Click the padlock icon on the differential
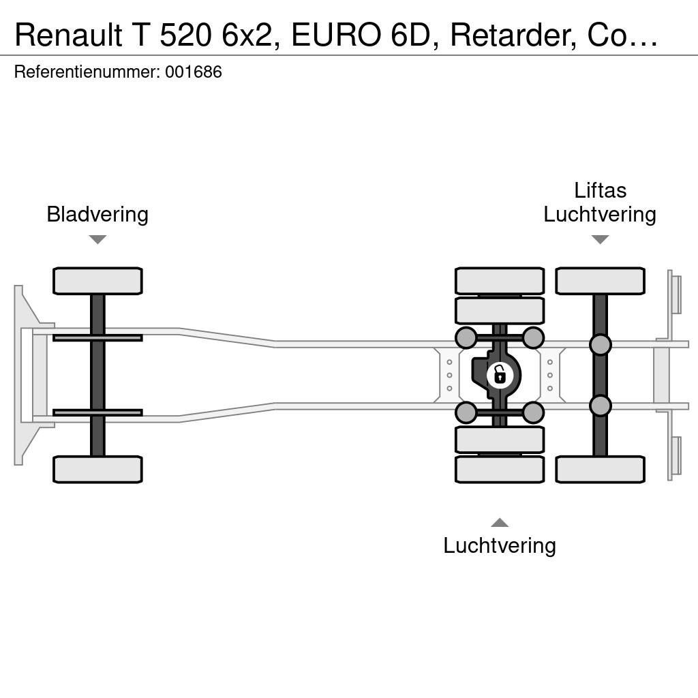500,375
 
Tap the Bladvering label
97,215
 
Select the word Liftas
600,191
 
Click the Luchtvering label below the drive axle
500,546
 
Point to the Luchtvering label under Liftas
600,215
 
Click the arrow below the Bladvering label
97,239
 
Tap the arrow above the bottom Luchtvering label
500,522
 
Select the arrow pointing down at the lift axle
600,239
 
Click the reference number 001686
194,72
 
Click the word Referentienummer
87,72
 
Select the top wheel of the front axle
97,281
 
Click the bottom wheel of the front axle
97,469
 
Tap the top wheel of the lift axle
600,281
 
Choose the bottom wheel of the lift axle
600,469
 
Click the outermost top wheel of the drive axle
500,281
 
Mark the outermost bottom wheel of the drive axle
500,469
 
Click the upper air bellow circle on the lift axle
600,344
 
